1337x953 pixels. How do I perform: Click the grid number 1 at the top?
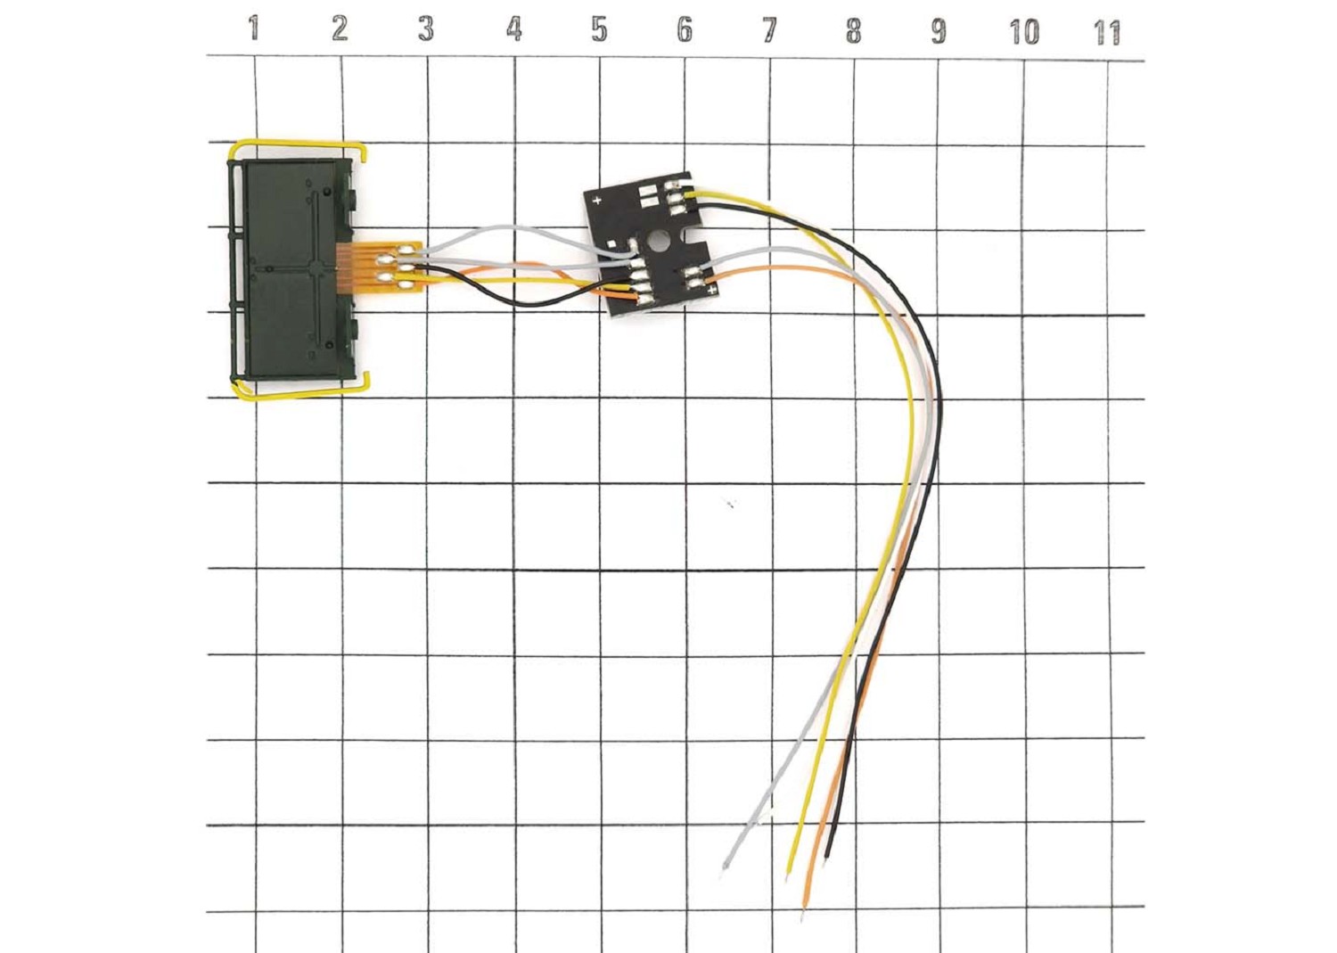pos(254,29)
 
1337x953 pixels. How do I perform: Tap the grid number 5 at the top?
pos(599,30)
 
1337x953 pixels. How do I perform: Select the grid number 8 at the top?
pos(854,31)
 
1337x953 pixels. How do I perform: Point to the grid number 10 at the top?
pos(1023,33)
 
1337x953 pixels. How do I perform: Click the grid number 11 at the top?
pos(1106,34)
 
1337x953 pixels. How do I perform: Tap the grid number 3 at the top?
pos(426,29)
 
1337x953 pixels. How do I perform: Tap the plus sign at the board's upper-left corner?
pos(596,201)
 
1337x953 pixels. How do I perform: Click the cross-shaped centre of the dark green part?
pos(316,267)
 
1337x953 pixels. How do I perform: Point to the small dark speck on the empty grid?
pos(731,505)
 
